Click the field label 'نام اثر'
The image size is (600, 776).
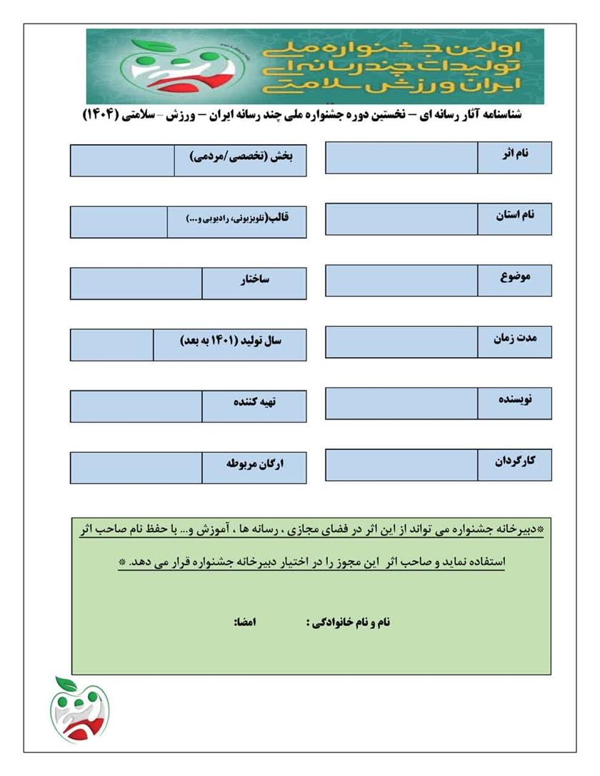(514, 156)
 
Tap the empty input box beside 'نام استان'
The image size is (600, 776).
(401, 219)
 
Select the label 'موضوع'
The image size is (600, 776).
(514, 278)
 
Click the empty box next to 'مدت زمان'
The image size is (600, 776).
(401, 342)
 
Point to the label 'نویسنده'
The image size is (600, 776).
(514, 402)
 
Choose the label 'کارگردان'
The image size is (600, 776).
(514, 463)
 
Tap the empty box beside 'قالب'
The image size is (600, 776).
(119, 222)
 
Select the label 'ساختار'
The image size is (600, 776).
(254, 281)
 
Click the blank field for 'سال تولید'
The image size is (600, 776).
(111, 345)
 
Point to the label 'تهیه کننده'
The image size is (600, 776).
(254, 404)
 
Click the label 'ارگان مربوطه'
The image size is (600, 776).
(254, 466)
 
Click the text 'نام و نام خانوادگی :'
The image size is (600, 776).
(348, 623)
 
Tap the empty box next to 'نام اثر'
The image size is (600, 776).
(401, 158)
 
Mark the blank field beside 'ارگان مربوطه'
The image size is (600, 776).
(136, 468)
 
